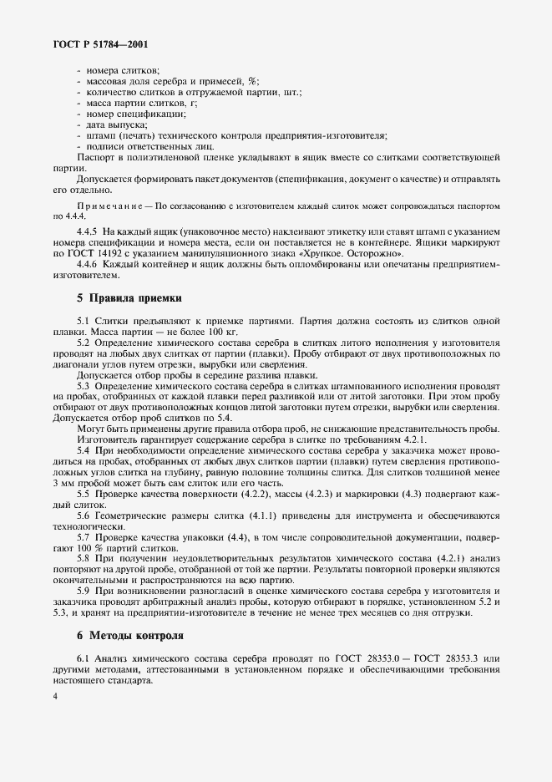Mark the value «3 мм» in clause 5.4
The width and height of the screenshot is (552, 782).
tap(63, 484)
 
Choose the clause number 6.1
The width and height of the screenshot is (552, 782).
tap(84, 658)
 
